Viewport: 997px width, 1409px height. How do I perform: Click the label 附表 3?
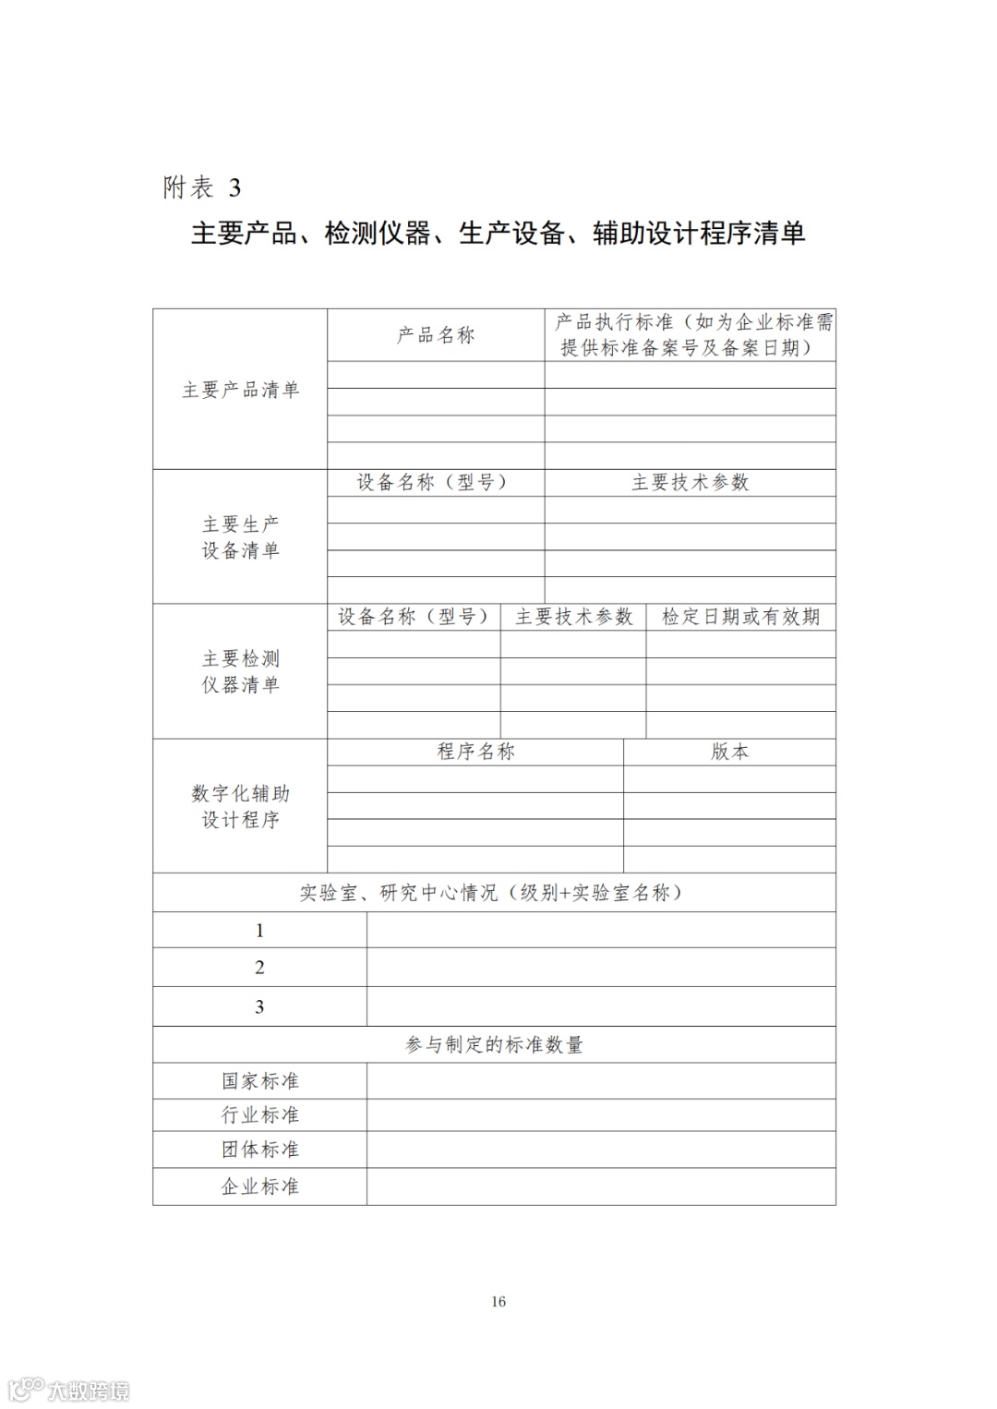(201, 187)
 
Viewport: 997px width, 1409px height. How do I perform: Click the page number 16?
(498, 1302)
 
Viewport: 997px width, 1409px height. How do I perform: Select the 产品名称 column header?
(436, 335)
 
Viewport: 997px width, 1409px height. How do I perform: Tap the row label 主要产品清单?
(240, 390)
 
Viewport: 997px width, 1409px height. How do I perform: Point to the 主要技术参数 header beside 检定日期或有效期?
(573, 617)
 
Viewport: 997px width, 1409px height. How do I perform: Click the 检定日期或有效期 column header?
(740, 617)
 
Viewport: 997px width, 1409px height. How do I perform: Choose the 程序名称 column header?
(475, 752)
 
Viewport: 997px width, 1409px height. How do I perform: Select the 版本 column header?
(729, 752)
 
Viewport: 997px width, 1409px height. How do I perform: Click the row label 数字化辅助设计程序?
(240, 806)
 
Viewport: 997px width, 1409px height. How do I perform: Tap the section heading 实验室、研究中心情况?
(493, 893)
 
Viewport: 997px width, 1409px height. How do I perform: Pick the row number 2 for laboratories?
(259, 968)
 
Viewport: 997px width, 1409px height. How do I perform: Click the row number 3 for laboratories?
(259, 1006)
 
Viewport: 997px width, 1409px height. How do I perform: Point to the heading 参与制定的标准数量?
(494, 1044)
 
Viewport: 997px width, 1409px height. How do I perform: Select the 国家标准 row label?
(259, 1080)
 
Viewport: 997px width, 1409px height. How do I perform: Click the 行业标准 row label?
(259, 1115)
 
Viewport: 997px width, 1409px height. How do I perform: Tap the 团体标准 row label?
(259, 1150)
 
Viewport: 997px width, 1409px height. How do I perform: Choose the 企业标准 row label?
(259, 1186)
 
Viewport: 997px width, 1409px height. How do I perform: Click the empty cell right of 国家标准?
(600, 1080)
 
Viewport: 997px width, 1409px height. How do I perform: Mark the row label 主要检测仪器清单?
(240, 671)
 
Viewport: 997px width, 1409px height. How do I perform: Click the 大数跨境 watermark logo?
(69, 1390)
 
